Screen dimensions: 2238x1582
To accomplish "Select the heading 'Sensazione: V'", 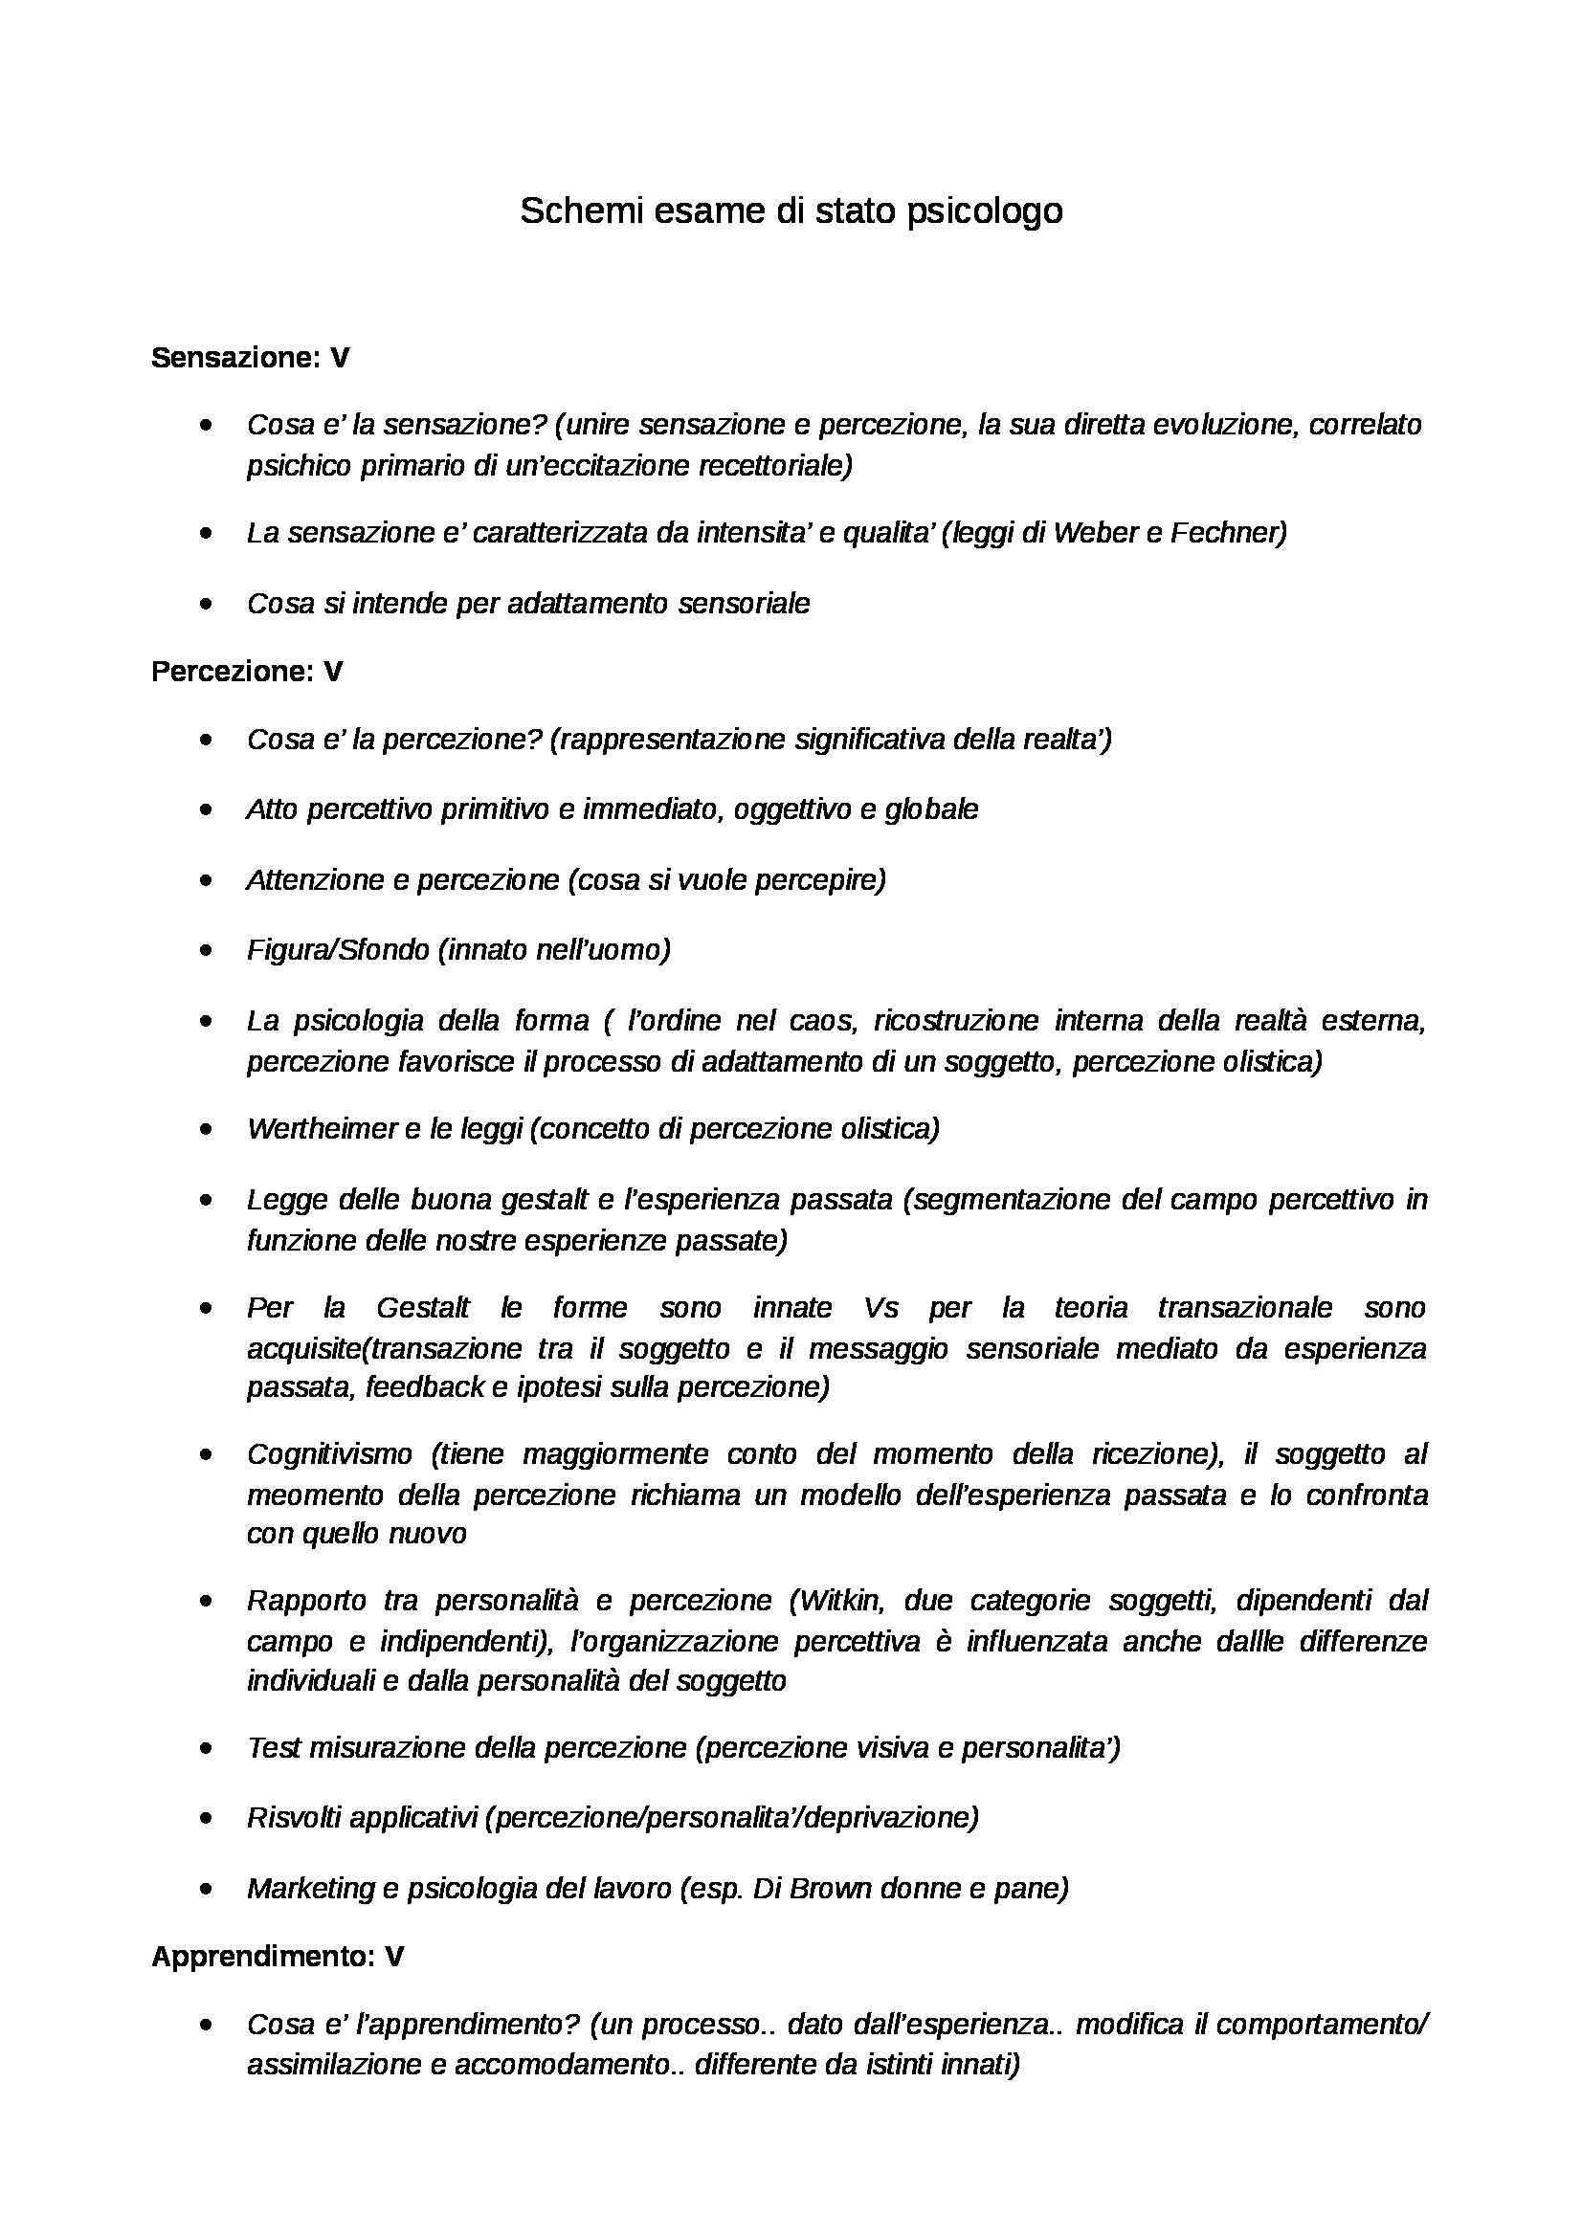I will click(250, 358).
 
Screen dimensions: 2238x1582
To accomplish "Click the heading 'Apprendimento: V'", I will click(277, 1956).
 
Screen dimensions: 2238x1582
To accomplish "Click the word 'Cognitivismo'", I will click(329, 1453).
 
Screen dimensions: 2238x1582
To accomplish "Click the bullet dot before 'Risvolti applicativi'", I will click(205, 1817).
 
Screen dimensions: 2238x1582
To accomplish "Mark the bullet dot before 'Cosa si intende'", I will click(205, 604).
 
